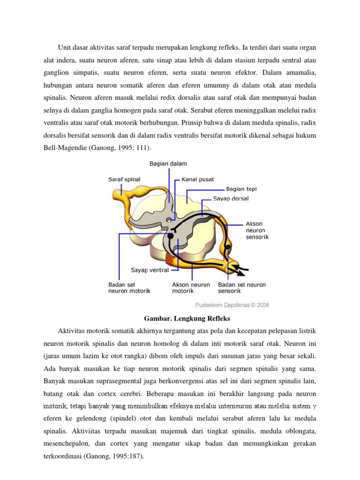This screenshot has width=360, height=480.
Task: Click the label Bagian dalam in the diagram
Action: (x=168, y=164)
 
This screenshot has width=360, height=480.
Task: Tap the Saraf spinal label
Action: (x=124, y=179)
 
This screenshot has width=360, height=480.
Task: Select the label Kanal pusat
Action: (x=199, y=179)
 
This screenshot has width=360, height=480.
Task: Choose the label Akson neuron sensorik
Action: (x=257, y=230)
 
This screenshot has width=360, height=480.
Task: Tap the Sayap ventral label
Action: (x=149, y=270)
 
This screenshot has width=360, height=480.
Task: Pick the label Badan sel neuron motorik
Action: (x=129, y=287)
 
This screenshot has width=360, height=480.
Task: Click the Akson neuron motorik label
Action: (x=191, y=287)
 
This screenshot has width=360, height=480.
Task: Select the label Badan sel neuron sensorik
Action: (x=242, y=287)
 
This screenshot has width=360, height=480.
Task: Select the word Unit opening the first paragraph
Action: (x=65, y=47)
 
